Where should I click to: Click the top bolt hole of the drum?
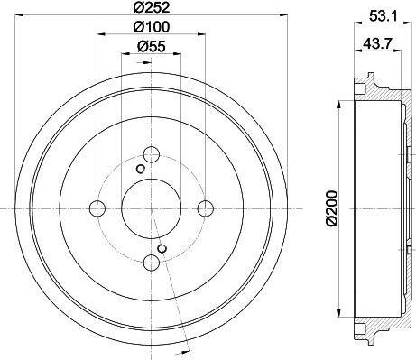click(x=152, y=152)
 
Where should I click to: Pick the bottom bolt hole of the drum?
click(x=152, y=263)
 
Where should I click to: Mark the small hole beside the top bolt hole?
click(x=140, y=168)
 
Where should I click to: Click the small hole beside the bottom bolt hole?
click(x=162, y=249)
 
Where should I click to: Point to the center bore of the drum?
click(x=152, y=208)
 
